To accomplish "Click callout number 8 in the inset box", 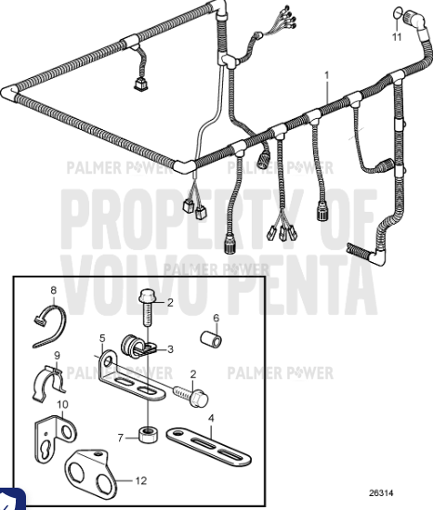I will [x=53, y=291].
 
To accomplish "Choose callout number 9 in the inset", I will [x=56, y=355].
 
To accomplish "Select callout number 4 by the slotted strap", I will [x=212, y=418].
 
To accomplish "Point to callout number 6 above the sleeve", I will [x=215, y=317].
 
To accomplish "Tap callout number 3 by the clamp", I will [x=173, y=349].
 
